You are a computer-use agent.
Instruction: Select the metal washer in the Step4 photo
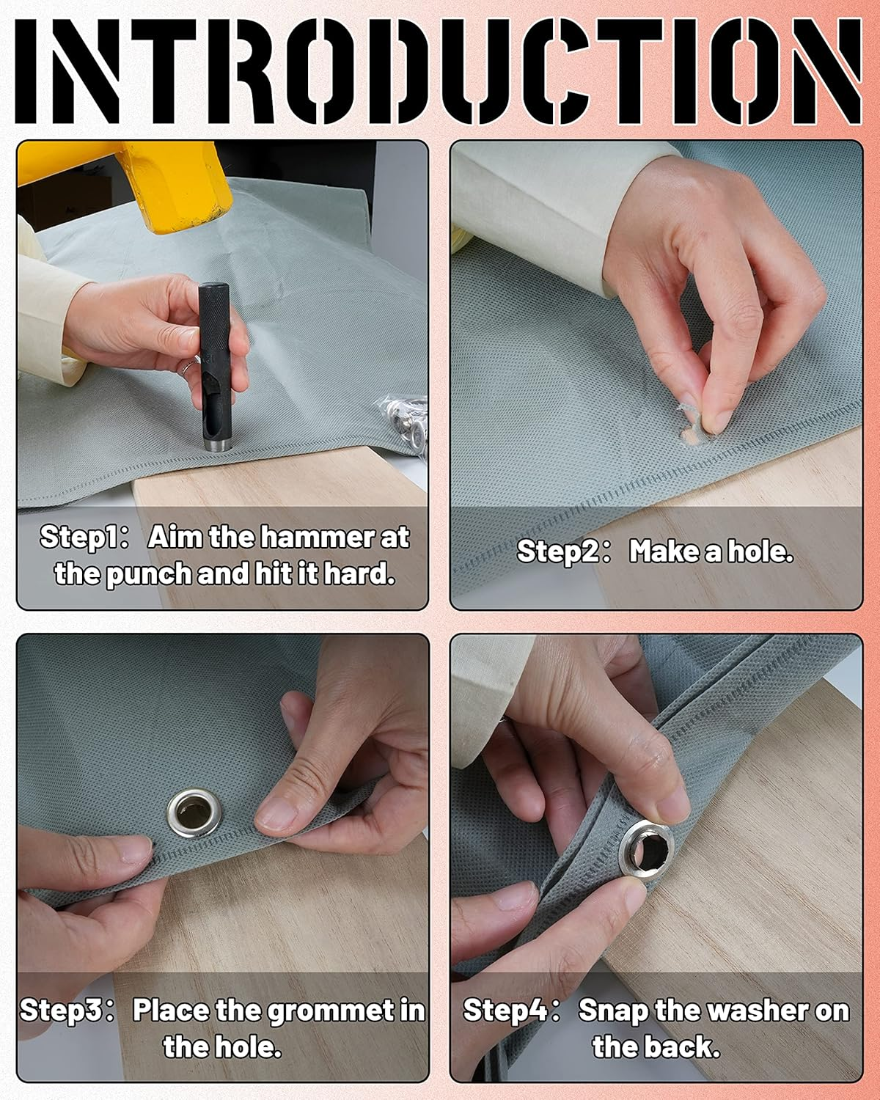tap(645, 849)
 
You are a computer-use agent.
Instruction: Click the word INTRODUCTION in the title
tap(439, 71)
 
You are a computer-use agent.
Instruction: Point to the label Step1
tap(84, 538)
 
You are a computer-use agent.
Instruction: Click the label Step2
tap(563, 552)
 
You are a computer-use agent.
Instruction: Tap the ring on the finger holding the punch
tap(188, 366)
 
